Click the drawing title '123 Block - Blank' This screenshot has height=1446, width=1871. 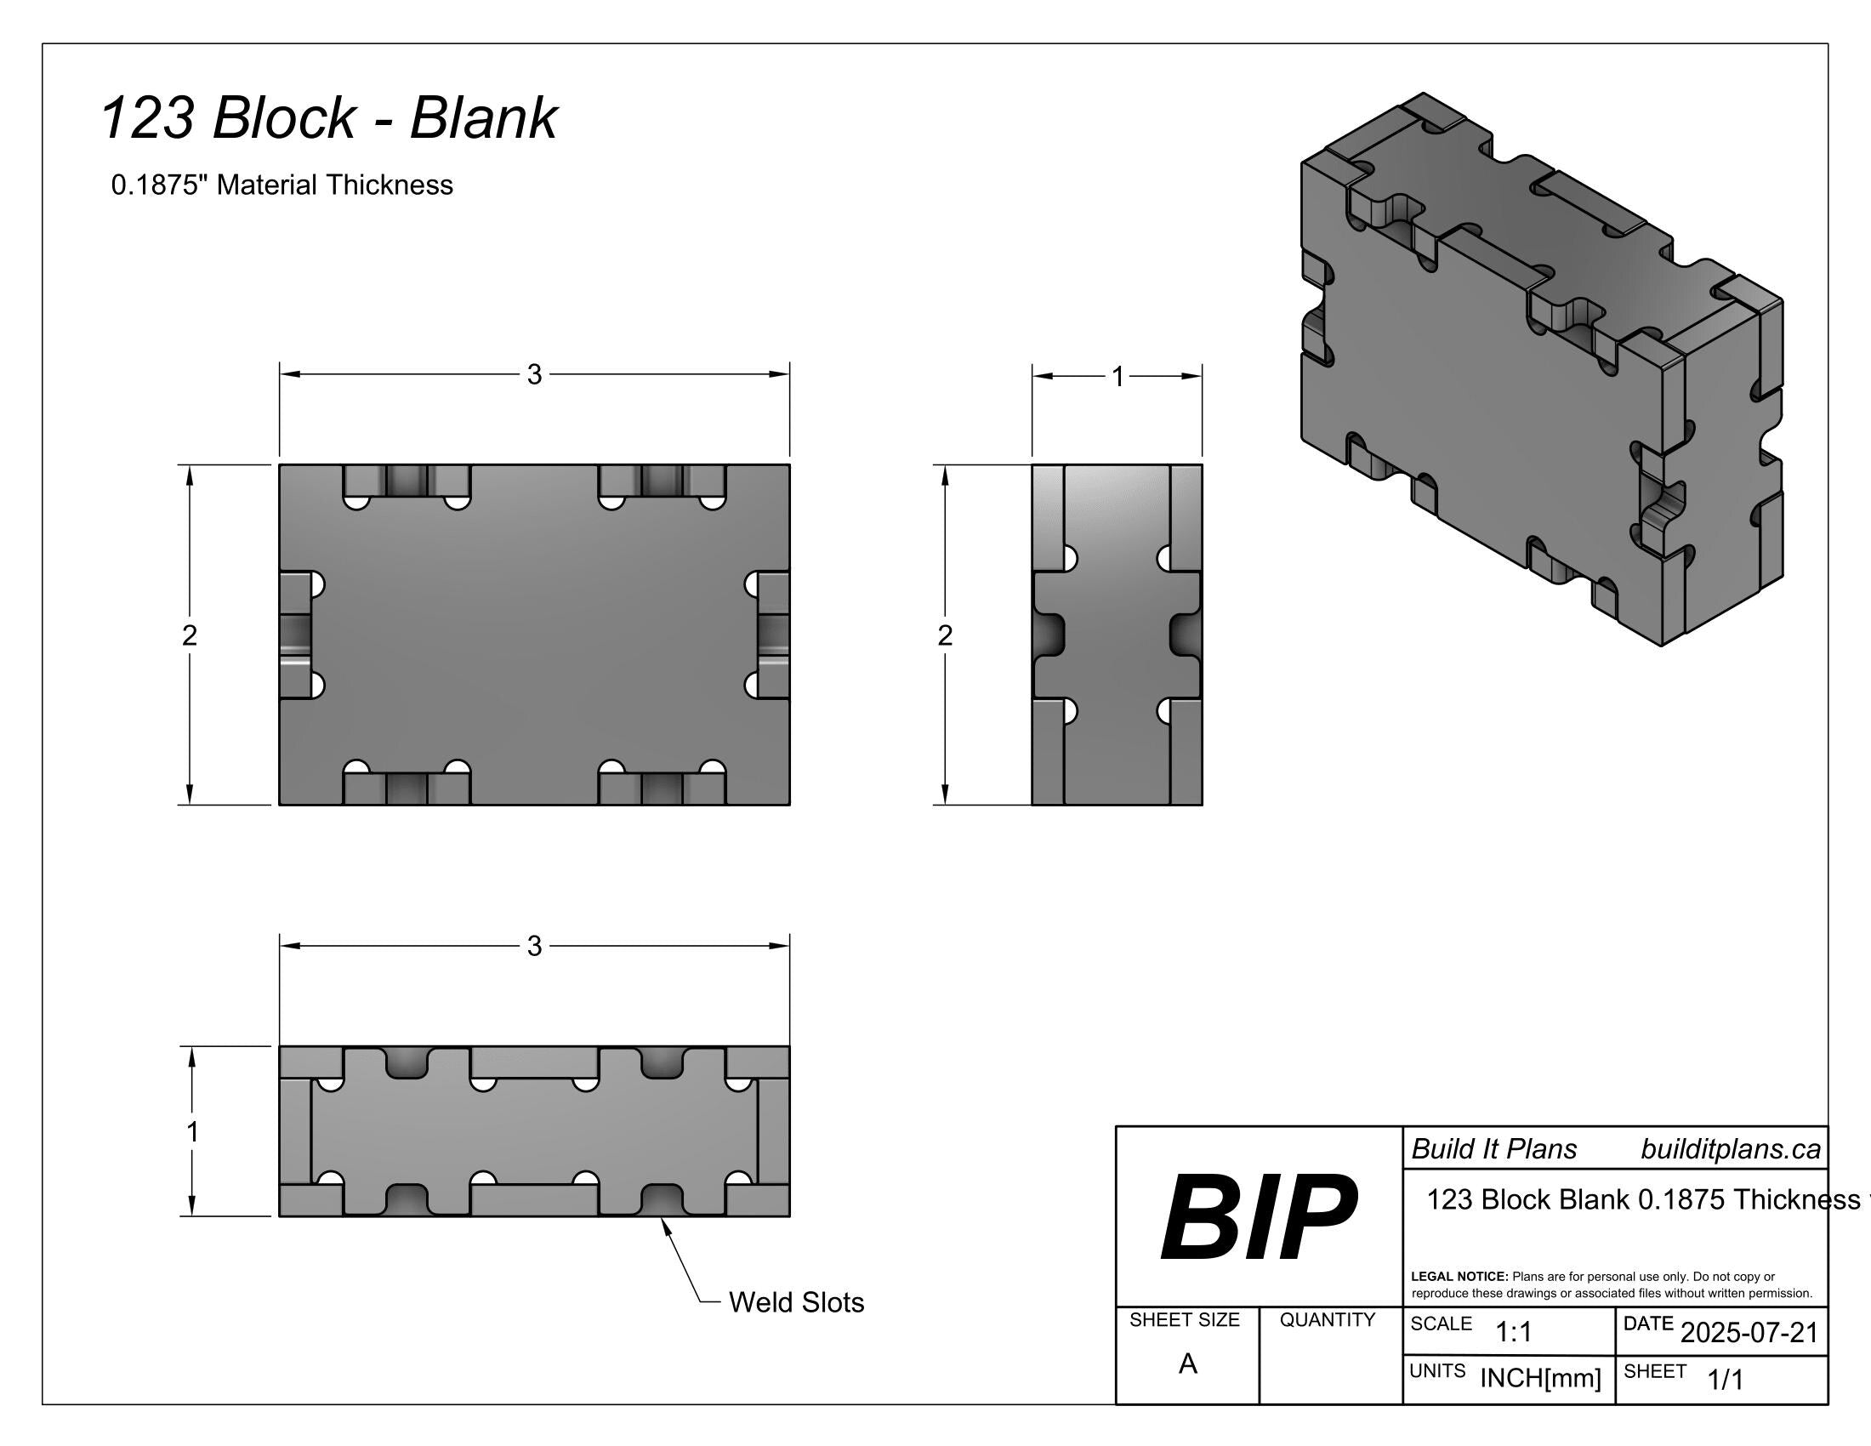click(329, 117)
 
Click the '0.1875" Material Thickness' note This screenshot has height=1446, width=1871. click(282, 185)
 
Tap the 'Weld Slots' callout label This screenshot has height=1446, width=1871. click(797, 1302)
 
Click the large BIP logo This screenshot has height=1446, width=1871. click(1259, 1216)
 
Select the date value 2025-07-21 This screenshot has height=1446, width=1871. click(1749, 1332)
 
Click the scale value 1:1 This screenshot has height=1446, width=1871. click(1514, 1332)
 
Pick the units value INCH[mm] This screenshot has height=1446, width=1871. click(1540, 1378)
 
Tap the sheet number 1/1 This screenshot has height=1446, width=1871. click(1726, 1379)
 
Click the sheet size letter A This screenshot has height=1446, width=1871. click(1187, 1363)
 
